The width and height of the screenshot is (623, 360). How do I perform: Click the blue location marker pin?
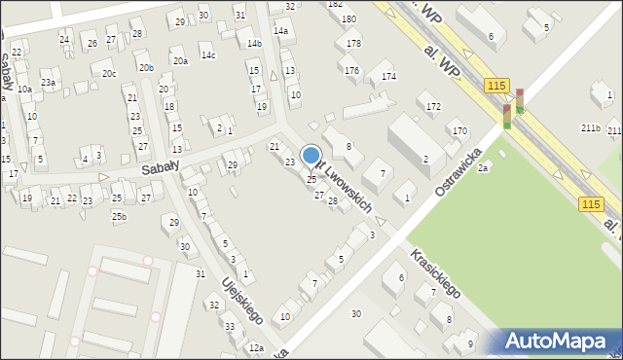[311, 157]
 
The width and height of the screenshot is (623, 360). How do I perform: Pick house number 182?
[336, 4]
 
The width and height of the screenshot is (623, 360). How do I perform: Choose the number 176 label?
[351, 71]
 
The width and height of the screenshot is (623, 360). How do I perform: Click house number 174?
[388, 77]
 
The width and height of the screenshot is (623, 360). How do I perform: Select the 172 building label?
[433, 106]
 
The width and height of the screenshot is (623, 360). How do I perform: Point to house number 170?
[459, 131]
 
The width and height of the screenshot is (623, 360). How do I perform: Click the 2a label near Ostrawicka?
[482, 168]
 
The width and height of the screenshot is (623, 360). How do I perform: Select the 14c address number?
[208, 55]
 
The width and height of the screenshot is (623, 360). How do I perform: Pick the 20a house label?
[180, 61]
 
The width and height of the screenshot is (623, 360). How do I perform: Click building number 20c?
[109, 74]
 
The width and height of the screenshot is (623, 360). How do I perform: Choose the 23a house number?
[48, 83]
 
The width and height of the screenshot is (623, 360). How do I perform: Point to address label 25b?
[119, 216]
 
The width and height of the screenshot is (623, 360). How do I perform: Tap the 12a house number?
[256, 348]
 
